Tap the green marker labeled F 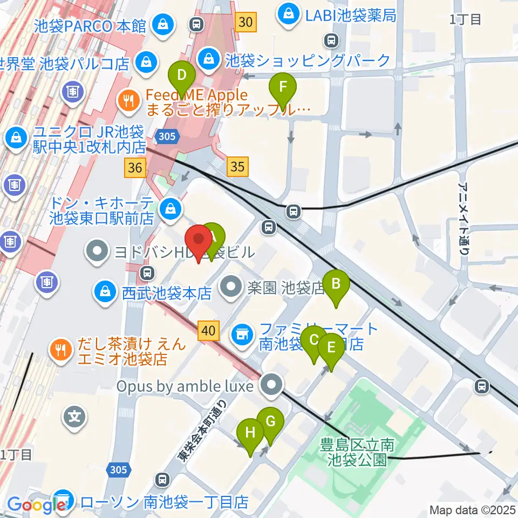tap(282, 87)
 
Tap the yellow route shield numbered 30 tap(246, 22)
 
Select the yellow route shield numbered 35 tap(237, 167)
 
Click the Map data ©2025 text tap(473, 509)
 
